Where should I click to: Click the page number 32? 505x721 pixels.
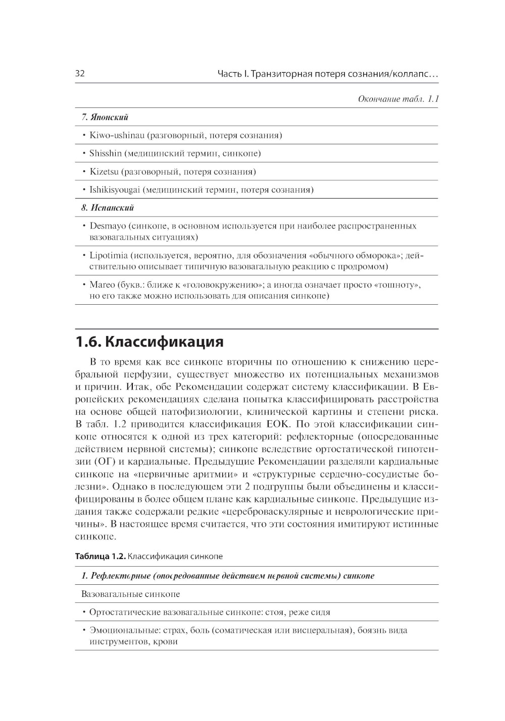tap(80, 74)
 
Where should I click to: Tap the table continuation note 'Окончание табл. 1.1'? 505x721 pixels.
tap(398, 99)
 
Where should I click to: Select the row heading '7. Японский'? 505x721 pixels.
tap(105, 117)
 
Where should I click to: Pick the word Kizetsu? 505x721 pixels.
tap(104, 172)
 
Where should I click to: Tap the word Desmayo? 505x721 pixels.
tap(108, 226)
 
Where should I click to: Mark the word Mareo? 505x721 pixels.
tap(102, 285)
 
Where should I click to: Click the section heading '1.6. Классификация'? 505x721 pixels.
tap(149, 342)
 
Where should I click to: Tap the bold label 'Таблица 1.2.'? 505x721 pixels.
tap(100, 557)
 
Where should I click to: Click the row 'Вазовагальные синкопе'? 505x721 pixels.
tap(130, 594)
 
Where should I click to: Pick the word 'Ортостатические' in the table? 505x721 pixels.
tap(125, 612)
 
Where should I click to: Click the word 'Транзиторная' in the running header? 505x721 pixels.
tap(280, 74)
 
